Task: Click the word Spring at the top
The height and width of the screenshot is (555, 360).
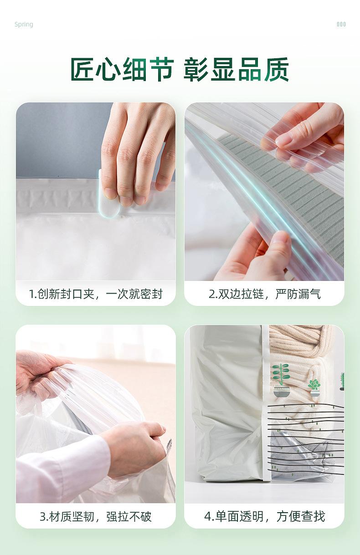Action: [x=24, y=25]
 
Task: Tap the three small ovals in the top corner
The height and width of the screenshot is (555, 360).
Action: [x=341, y=25]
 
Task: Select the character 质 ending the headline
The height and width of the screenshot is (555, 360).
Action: [x=276, y=70]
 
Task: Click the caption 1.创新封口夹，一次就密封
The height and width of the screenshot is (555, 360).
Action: [x=96, y=294]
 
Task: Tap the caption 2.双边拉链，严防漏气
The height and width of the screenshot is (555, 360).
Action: [x=264, y=294]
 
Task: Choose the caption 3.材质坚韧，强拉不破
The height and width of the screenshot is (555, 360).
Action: [x=96, y=517]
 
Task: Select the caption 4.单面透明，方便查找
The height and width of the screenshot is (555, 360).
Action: [x=264, y=517]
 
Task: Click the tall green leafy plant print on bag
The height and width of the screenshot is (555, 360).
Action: [x=281, y=376]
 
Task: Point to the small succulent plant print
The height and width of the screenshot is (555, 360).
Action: [x=314, y=385]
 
